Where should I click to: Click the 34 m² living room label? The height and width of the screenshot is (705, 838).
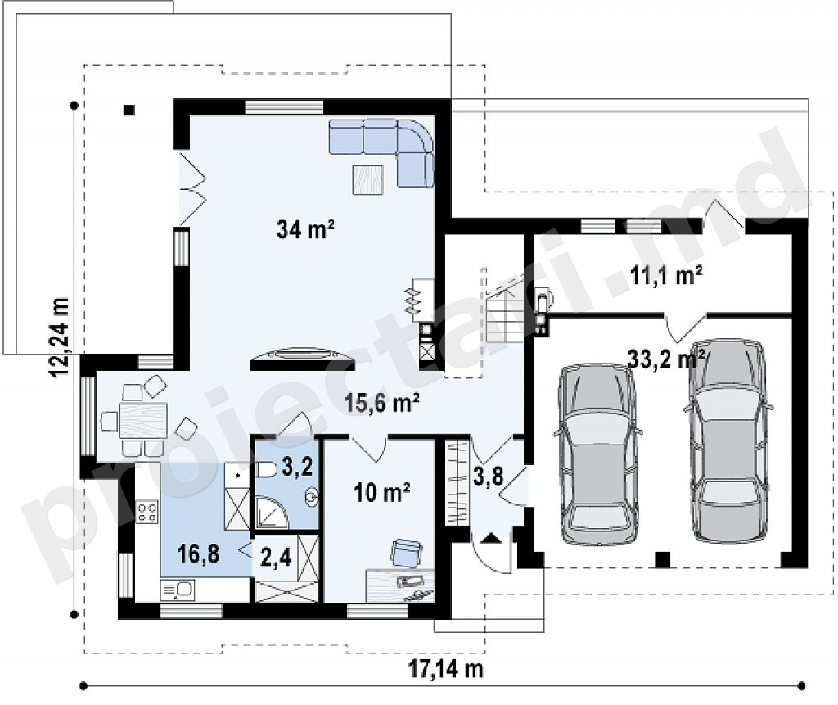click(x=306, y=229)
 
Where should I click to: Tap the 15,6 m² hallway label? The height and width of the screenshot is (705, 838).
click(x=381, y=402)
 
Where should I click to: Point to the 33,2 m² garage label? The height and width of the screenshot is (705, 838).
click(x=665, y=359)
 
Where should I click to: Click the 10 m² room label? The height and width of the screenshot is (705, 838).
click(x=381, y=492)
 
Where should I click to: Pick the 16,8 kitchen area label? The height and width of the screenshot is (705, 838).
click(x=198, y=554)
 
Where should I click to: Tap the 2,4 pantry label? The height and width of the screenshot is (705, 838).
click(x=276, y=558)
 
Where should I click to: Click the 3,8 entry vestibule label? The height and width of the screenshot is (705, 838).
click(x=489, y=475)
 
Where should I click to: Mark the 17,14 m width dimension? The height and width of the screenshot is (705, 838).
click(x=446, y=668)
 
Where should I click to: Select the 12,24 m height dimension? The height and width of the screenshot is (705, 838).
click(x=59, y=337)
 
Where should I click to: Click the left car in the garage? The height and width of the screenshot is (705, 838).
click(x=597, y=454)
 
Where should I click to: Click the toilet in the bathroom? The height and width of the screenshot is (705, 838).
click(x=267, y=470)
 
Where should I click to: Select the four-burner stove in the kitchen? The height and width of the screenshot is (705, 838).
click(x=147, y=512)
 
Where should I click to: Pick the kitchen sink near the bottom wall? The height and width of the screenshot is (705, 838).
click(x=178, y=590)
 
